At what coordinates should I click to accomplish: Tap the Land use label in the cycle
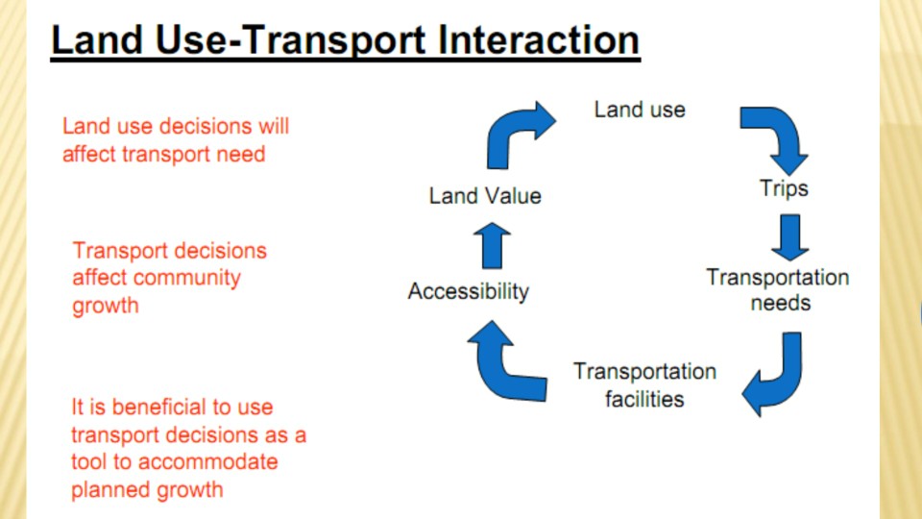coord(640,109)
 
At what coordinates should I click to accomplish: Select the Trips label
coord(784,187)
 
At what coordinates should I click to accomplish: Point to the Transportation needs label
coord(778,290)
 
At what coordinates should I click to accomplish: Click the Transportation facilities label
coord(644,384)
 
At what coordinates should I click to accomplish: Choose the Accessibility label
coord(468,290)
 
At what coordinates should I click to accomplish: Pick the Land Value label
coord(485,196)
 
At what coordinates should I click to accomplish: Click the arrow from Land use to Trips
coord(776,135)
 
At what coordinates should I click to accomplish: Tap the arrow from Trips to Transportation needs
coord(789,236)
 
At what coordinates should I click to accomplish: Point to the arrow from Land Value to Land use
coord(517,132)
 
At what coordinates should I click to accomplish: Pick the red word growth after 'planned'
coord(188,489)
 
